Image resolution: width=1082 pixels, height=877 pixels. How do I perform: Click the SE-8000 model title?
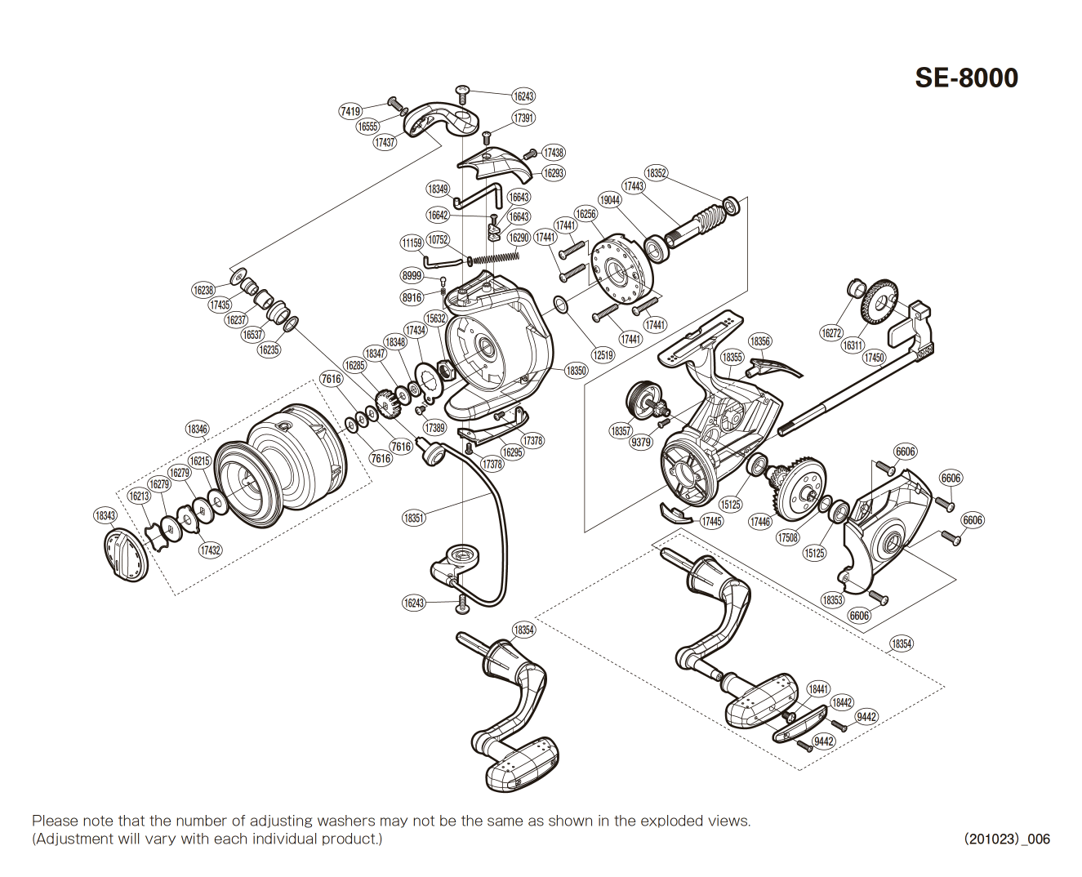[966, 78]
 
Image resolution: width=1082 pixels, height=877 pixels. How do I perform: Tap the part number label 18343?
[105, 515]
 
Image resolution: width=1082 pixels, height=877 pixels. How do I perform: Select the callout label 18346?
[197, 429]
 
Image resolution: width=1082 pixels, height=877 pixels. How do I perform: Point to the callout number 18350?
[576, 371]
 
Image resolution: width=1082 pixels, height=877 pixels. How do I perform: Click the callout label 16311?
[853, 345]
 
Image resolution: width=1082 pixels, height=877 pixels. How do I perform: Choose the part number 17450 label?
[874, 358]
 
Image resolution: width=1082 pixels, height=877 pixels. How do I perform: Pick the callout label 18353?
[832, 600]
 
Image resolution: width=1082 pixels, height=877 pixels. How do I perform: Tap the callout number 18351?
[414, 518]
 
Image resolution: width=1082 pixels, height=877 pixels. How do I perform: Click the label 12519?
[603, 355]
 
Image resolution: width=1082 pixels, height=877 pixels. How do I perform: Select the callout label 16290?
[519, 238]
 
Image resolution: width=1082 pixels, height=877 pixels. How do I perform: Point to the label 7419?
[350, 111]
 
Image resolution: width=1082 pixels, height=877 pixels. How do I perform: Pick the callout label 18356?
[759, 341]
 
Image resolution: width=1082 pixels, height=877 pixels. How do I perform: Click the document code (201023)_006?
[1007, 839]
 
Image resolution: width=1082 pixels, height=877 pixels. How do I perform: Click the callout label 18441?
[818, 689]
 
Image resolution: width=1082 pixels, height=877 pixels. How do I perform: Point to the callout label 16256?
[586, 214]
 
